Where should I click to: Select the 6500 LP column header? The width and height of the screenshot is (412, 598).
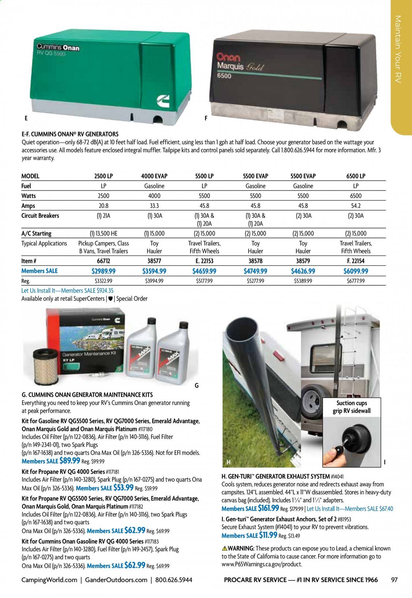coord(356,176)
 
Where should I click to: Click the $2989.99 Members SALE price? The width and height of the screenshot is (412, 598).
coord(103,271)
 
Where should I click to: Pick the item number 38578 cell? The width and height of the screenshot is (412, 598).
coord(255,261)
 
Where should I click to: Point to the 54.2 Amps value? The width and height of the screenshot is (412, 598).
coord(356,205)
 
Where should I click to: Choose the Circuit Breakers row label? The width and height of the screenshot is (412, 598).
coord(40,216)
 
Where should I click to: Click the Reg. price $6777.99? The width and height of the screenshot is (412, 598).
coord(356,281)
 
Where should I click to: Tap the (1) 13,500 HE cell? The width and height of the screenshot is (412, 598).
coord(103,233)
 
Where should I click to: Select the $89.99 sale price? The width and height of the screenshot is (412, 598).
coord(70,461)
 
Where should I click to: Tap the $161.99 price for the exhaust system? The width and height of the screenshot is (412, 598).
coord(268,508)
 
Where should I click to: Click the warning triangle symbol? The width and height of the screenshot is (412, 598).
coord(224,548)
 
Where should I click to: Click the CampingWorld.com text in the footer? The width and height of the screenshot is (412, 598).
coord(49,580)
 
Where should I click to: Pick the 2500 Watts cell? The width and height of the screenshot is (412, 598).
coord(103,196)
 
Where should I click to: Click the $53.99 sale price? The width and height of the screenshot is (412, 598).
coord(123,488)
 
